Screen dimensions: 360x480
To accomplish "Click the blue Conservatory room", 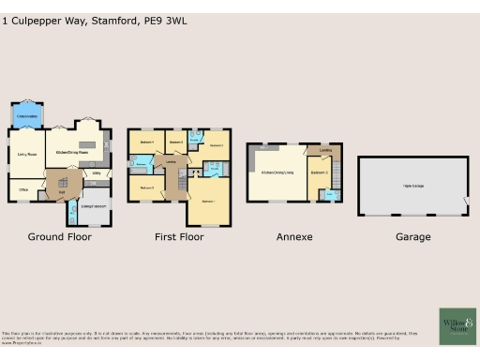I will (26, 116).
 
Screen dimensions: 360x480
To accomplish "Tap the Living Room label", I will (26, 153).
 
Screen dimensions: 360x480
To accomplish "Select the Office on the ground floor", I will (23, 189).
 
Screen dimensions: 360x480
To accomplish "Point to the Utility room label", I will (97, 173).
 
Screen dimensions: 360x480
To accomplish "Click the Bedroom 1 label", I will (207, 201).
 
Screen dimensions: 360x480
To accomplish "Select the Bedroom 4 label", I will (146, 142).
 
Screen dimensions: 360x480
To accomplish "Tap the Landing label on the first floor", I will (172, 163).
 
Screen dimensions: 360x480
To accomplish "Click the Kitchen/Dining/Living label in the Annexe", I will (277, 172).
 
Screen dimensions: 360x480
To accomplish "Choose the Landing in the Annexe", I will (324, 150).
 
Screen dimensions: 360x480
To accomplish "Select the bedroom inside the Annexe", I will (318, 172).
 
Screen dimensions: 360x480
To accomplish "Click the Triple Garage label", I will (412, 187).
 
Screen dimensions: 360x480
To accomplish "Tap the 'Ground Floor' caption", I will (59, 237).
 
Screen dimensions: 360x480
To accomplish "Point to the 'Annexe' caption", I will (294, 237).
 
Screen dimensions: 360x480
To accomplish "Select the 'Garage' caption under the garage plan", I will (412, 237).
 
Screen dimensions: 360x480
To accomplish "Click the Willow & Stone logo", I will (457, 325).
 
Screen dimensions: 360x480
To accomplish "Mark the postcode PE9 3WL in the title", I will (163, 19).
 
